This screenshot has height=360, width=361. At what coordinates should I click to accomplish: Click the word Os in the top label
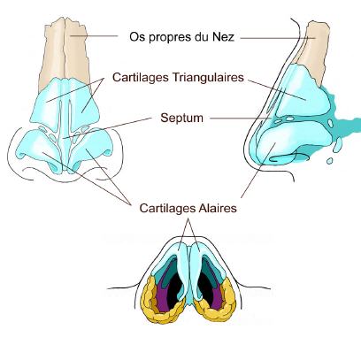coord(137,37)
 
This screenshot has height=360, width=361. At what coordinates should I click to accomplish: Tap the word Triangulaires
coord(208,77)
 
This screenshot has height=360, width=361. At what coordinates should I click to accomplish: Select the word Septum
coord(182,118)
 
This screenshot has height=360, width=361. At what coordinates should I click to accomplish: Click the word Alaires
coord(218,208)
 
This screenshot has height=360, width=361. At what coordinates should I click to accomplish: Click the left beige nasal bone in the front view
coord(53,53)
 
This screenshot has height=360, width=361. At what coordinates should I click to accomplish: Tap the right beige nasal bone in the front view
coord(77,50)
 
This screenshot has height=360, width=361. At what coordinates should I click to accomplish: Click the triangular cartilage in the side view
coord(303,91)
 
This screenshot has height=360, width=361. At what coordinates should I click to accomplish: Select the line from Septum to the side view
coord(241,119)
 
